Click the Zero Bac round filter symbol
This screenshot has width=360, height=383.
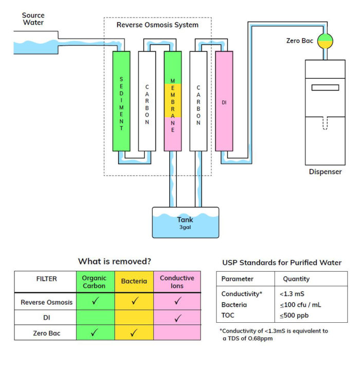pyautogui.click(x=325, y=41)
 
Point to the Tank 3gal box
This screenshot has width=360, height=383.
pyautogui.click(x=185, y=223)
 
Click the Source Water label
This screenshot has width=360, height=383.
pyautogui.click(x=33, y=19)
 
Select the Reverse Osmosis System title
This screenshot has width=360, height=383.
pyautogui.click(x=157, y=25)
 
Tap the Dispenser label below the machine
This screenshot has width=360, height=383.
pyautogui.click(x=325, y=171)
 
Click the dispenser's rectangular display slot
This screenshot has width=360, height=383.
pyautogui.click(x=325, y=87)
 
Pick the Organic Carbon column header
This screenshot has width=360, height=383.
pyautogui.click(x=95, y=282)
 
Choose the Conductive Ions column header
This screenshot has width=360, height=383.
pyautogui.click(x=177, y=282)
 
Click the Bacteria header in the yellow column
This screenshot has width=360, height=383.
pyautogui.click(x=134, y=282)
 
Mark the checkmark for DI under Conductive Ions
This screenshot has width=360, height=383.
pyautogui.click(x=177, y=318)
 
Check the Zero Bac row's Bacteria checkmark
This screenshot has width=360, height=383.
pyautogui.click(x=134, y=334)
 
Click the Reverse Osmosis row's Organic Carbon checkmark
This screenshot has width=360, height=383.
pyautogui.click(x=95, y=302)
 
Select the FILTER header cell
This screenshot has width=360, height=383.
pyautogui.click(x=46, y=278)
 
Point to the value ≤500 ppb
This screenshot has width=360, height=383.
pyautogui.click(x=294, y=315)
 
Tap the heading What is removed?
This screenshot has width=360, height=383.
pyautogui.click(x=114, y=261)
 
